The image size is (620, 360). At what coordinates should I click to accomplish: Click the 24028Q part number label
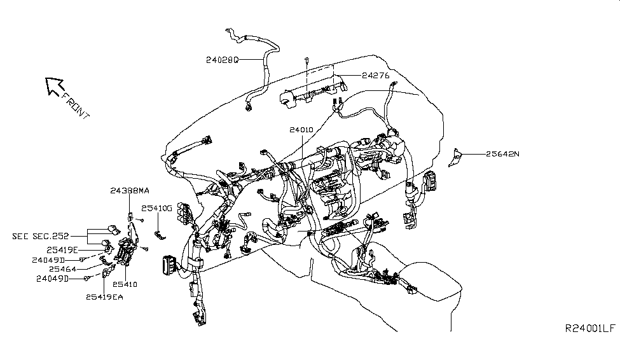[221, 60]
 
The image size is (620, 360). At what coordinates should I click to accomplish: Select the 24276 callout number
[376, 75]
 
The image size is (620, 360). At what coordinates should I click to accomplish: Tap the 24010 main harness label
[301, 129]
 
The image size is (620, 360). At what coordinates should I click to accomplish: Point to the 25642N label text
[503, 153]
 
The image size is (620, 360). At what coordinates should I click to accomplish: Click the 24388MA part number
[130, 190]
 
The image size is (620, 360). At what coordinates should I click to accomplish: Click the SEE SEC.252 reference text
[41, 235]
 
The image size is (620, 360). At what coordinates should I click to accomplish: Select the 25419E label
[62, 249]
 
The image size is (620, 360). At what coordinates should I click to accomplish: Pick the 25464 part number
[63, 269]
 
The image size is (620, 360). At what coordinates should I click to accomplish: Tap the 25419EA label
[106, 296]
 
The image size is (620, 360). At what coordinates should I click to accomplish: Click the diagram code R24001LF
[589, 328]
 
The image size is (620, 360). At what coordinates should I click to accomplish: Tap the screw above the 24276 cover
[307, 60]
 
